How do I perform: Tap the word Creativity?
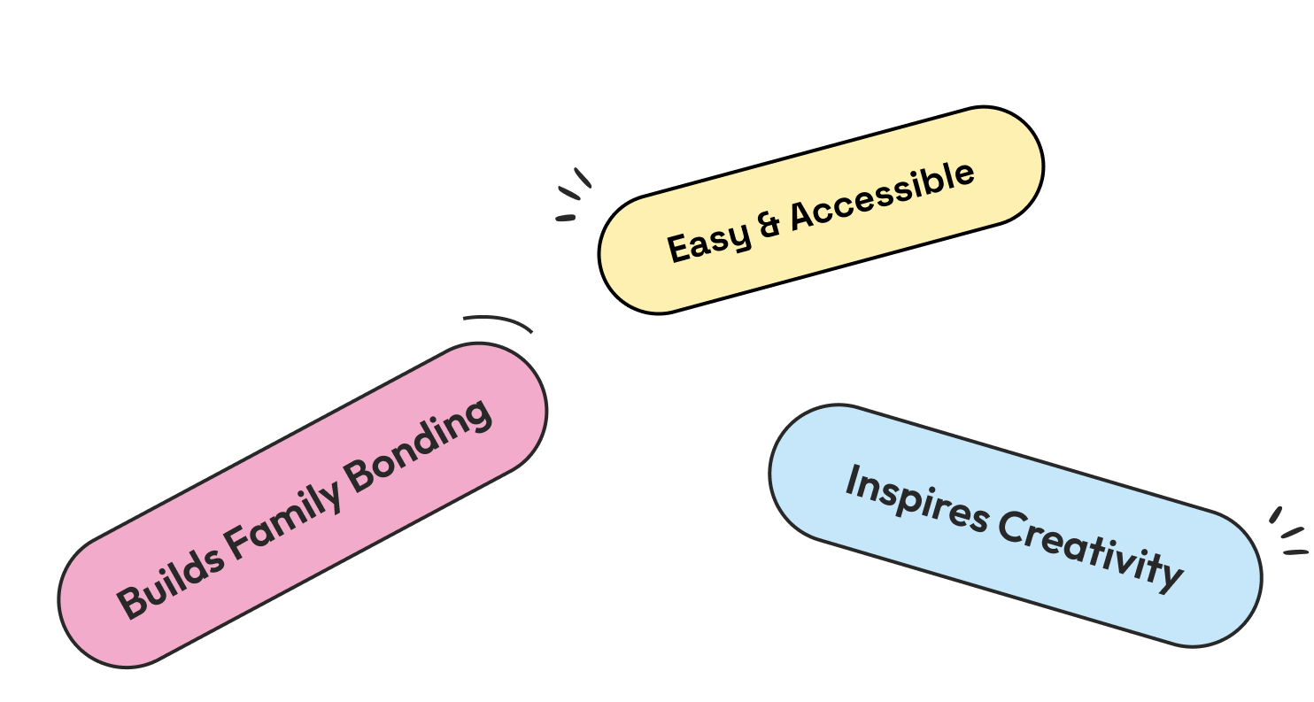[1091, 550]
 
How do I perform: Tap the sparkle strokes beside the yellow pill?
[572, 195]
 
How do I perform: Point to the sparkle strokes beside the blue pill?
[1290, 534]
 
